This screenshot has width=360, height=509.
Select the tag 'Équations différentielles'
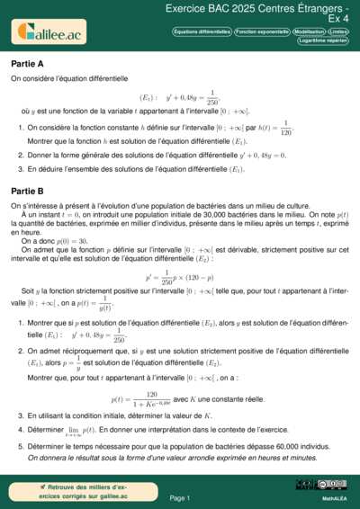pos(202,31)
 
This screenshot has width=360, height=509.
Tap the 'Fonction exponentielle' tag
pos(262,31)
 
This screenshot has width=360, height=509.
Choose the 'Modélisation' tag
pos(310,31)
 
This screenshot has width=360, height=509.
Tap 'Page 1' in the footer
pos(180,496)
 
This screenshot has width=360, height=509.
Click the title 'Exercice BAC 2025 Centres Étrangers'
pos(257,7)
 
